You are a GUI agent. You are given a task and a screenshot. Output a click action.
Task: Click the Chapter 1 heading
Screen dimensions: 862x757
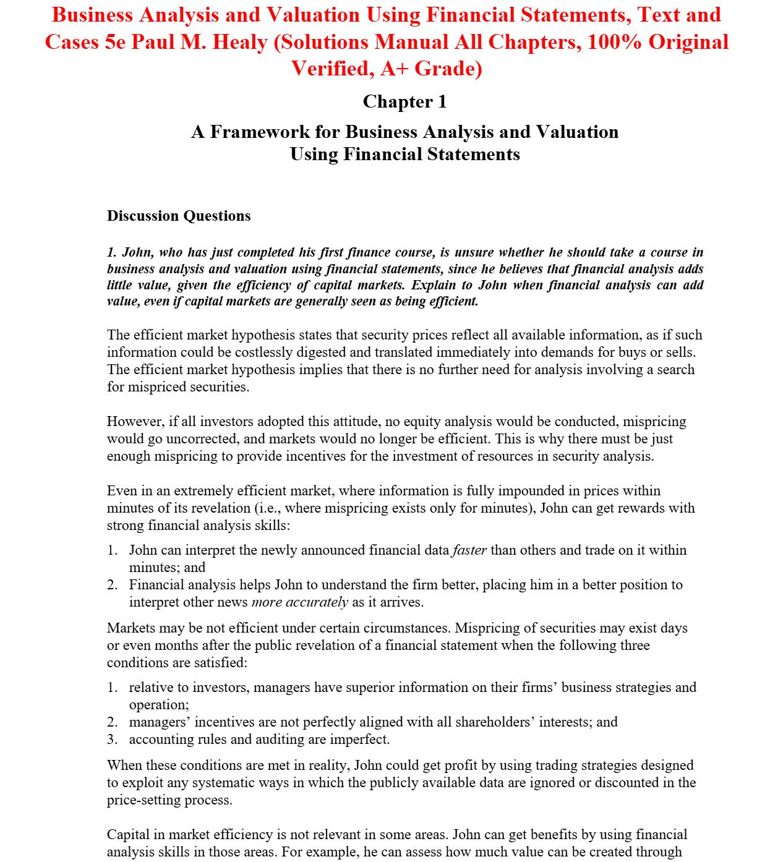tap(404, 101)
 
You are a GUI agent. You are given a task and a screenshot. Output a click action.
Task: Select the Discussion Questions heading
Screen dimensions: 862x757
tap(179, 216)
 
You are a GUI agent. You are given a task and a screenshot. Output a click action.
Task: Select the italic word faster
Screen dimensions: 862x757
tap(469, 550)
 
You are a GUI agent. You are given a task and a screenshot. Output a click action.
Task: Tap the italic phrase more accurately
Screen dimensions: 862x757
tap(300, 602)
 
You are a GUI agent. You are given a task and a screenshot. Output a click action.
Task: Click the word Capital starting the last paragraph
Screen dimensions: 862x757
tap(129, 835)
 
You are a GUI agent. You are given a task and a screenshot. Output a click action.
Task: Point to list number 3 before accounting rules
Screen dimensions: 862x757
tap(112, 740)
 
